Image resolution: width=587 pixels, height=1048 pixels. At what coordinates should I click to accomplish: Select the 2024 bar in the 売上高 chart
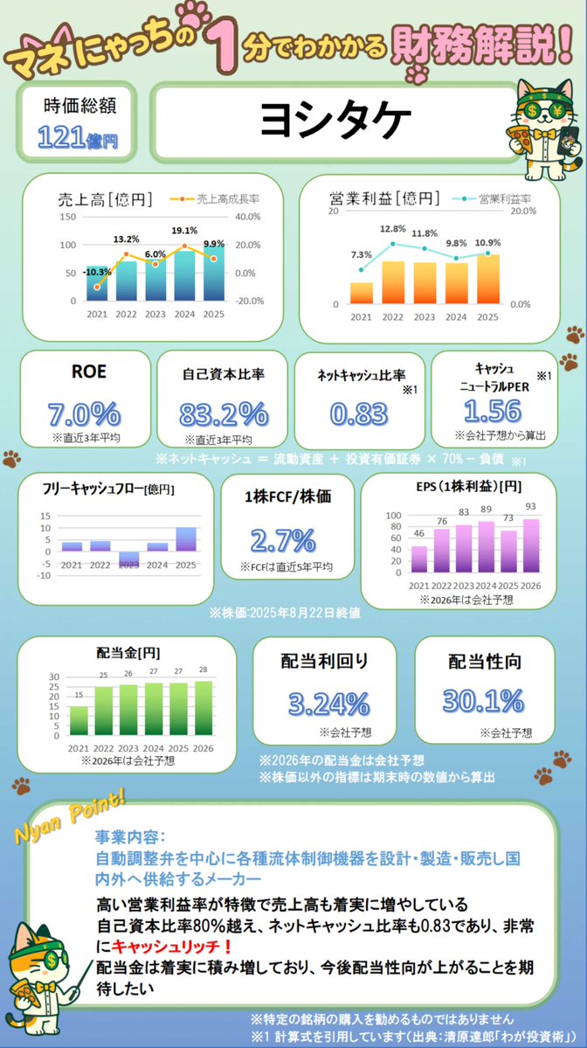pyautogui.click(x=184, y=275)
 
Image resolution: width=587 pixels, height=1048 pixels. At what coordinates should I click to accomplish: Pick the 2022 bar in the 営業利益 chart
pyautogui.click(x=393, y=281)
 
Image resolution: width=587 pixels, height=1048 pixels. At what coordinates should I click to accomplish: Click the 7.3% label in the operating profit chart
pyautogui.click(x=362, y=254)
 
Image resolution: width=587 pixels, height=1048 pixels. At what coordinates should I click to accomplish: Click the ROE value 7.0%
pyautogui.click(x=85, y=412)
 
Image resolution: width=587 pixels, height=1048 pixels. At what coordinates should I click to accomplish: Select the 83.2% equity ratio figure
pyautogui.click(x=224, y=413)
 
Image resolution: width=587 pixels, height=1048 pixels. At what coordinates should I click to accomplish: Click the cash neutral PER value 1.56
pyautogui.click(x=493, y=410)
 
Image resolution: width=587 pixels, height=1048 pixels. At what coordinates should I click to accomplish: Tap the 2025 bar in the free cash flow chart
pyautogui.click(x=186, y=539)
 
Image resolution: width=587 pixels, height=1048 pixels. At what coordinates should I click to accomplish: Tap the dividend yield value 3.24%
pyautogui.click(x=323, y=701)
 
